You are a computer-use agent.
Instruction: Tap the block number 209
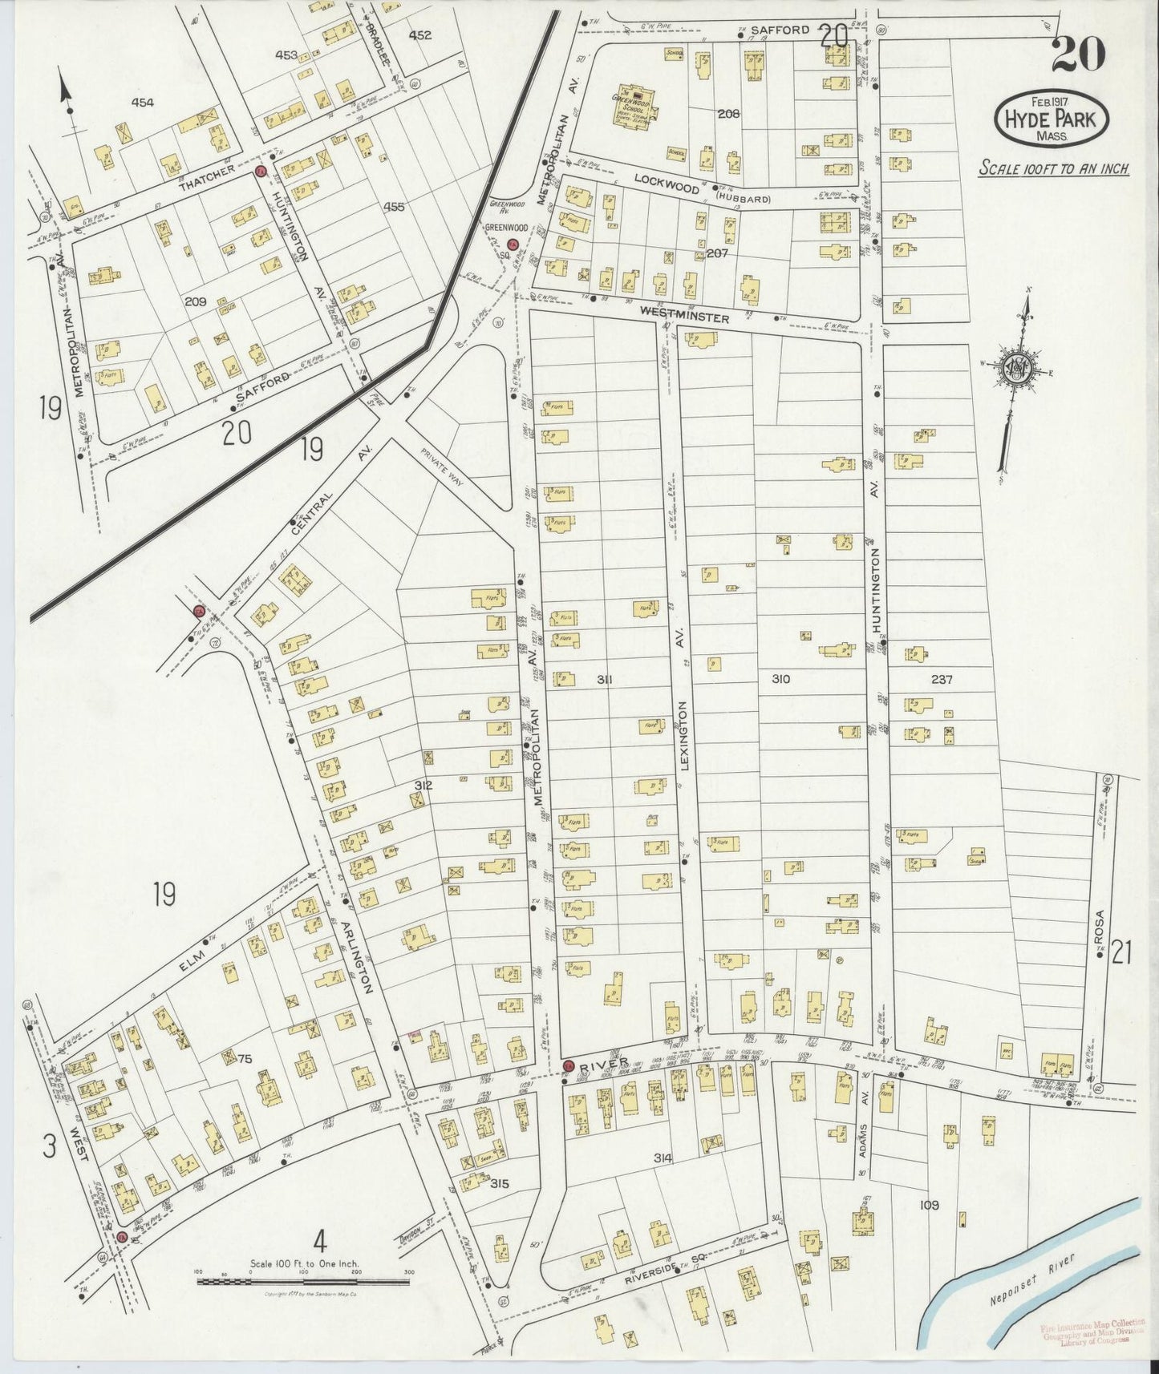point(196,302)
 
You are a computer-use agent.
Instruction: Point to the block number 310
point(780,679)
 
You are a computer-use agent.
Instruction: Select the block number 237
point(942,679)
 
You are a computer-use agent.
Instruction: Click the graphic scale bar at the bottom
point(303,1282)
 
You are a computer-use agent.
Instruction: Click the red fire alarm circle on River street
point(568,1065)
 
